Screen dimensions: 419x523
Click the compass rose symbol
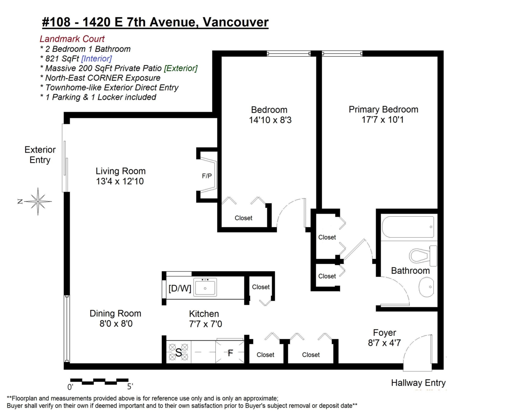pos(38,201)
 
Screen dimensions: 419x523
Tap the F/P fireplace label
pos(207,176)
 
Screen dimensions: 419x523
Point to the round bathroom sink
pos(427,287)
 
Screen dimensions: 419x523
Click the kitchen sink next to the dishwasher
pos(205,288)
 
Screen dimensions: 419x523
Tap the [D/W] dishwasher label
pos(180,288)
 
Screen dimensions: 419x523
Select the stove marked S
pos(178,352)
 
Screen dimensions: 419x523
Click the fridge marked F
pos(230,352)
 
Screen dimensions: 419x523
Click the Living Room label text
pos(121,171)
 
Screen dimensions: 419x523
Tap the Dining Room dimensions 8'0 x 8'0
pos(115,324)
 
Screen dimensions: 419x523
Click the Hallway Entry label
pos(418,383)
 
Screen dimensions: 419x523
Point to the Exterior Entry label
pos(40,155)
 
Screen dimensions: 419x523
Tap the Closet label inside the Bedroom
pos(243,218)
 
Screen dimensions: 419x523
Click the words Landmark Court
pos(72,39)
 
